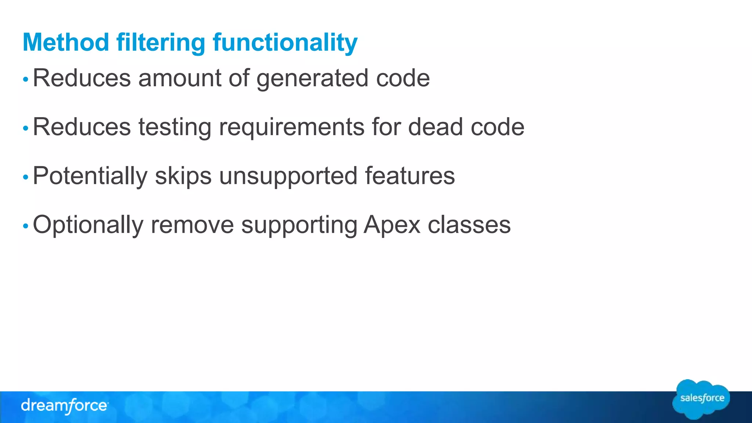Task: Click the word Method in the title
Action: [66, 42]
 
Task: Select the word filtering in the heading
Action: [160, 43]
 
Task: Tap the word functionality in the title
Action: [285, 43]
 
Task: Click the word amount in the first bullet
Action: [180, 78]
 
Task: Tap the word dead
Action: [435, 127]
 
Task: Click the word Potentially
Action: [90, 176]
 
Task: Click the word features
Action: [410, 176]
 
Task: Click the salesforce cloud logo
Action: [701, 399]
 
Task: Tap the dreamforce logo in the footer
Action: [65, 406]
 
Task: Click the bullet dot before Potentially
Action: [25, 177]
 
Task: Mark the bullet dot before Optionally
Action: [25, 226]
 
